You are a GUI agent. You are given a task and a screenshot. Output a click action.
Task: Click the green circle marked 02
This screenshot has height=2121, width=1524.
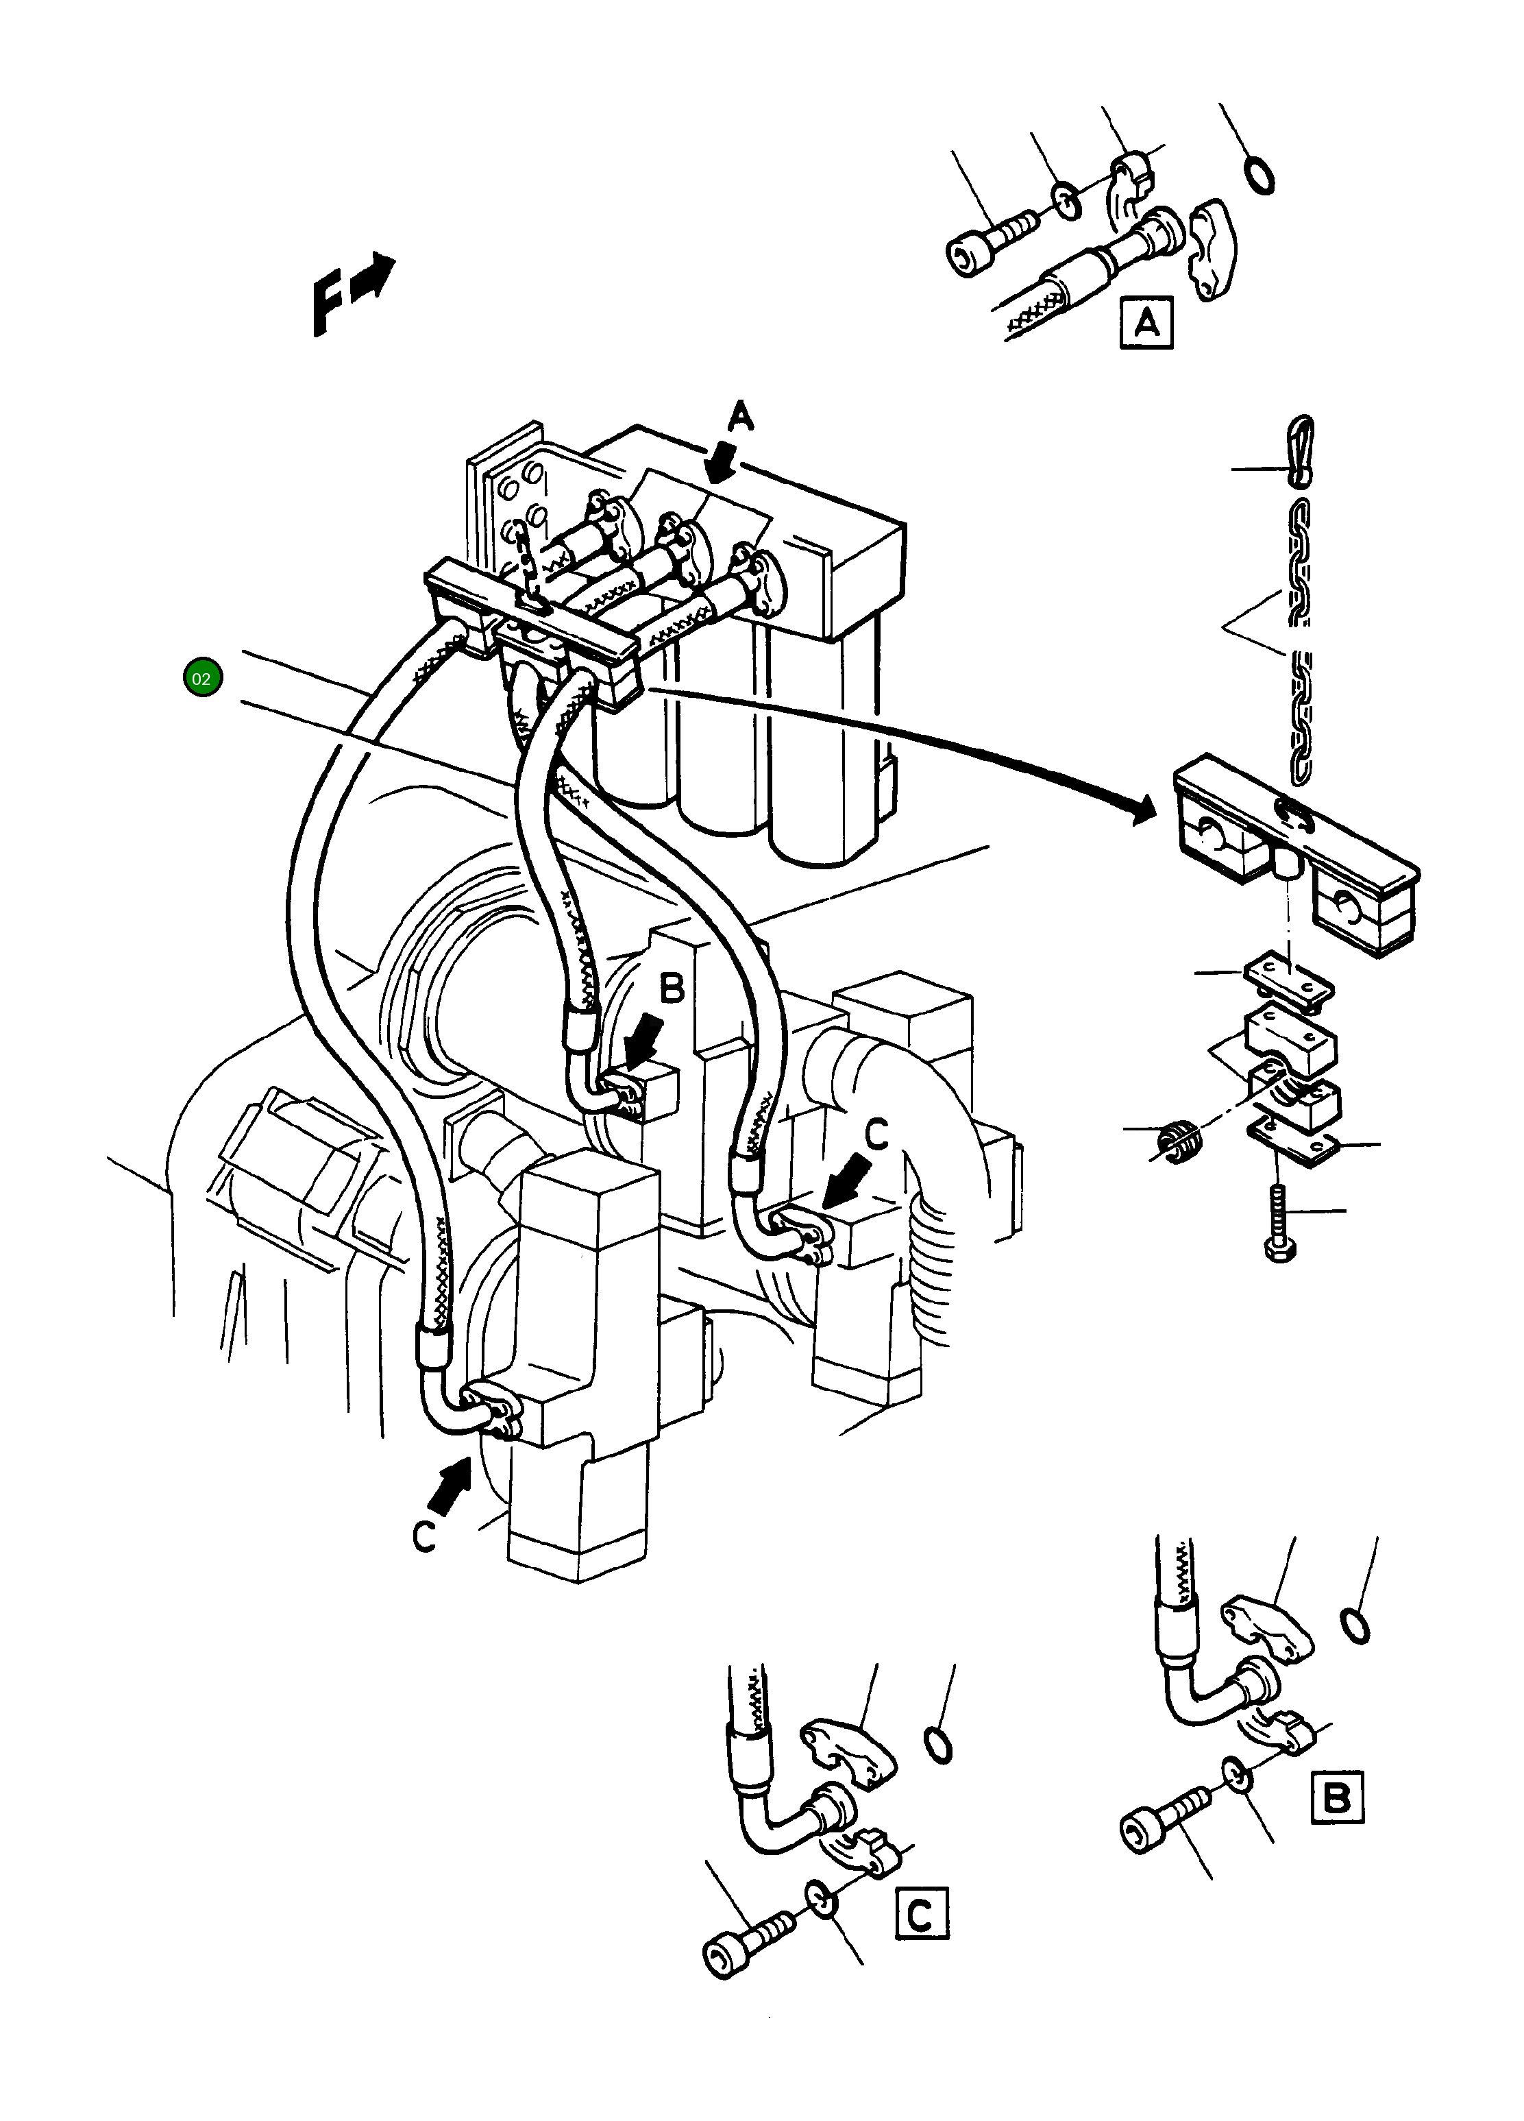click(203, 678)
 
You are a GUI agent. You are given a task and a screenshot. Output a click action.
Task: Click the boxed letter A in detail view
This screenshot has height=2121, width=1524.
click(1146, 324)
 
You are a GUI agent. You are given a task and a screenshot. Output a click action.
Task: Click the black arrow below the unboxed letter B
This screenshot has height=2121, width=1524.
click(645, 1045)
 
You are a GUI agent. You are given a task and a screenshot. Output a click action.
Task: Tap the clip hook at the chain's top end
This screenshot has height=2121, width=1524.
click(1301, 452)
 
